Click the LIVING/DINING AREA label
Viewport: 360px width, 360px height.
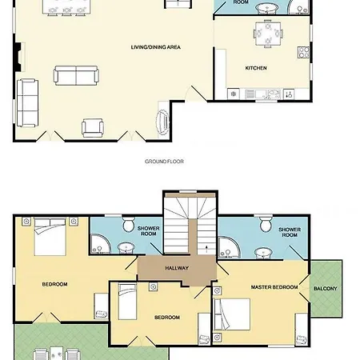pyautogui.click(x=156, y=47)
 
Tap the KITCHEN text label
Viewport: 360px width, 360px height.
pyautogui.click(x=256, y=68)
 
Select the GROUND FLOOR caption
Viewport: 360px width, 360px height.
pyautogui.click(x=164, y=162)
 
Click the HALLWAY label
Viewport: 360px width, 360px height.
pyautogui.click(x=177, y=268)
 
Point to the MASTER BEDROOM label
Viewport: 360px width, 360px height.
pyautogui.click(x=274, y=287)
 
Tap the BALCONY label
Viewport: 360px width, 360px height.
pyautogui.click(x=326, y=289)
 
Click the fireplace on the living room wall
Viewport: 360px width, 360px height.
pyautogui.click(x=18, y=57)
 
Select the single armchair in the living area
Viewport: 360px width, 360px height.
pyautogui.click(x=93, y=128)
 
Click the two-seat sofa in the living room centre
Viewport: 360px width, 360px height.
pyautogui.click(x=76, y=75)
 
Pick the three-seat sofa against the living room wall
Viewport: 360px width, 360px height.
pyautogui.click(x=27, y=102)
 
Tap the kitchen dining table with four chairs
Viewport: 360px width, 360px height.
pyautogui.click(x=268, y=34)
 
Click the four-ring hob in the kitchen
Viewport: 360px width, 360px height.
pyautogui.click(x=304, y=52)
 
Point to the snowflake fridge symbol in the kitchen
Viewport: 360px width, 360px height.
pyautogui.click(x=234, y=94)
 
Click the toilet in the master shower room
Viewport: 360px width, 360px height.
pyautogui.click(x=266, y=224)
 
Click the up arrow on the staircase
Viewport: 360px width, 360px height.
pyautogui.click(x=206, y=250)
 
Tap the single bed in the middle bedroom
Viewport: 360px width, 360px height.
pyautogui.click(x=127, y=302)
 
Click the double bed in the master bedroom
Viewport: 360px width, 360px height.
pyautogui.click(x=232, y=314)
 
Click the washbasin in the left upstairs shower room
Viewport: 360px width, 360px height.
pyautogui.click(x=126, y=248)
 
